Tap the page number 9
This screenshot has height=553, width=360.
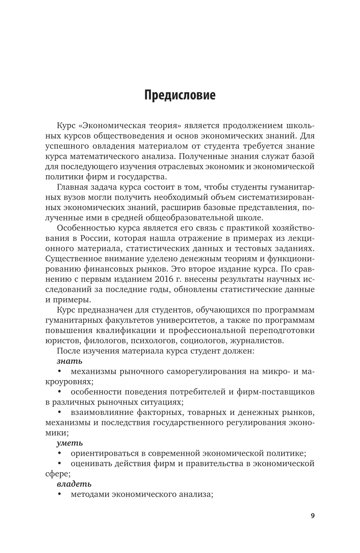[312, 515]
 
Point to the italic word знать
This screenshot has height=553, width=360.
[70, 361]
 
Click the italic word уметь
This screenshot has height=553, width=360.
[70, 443]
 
